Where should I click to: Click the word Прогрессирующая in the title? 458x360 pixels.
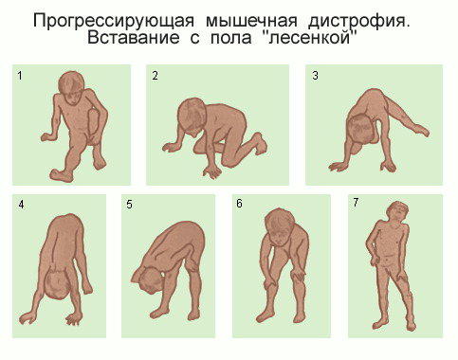point(114,22)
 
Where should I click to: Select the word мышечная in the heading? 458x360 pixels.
point(251,22)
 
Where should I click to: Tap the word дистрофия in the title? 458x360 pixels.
point(358,22)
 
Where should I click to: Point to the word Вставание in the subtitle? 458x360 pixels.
point(134,38)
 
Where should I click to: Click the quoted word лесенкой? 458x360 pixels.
point(310,38)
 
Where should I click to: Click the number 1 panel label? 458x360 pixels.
point(20,76)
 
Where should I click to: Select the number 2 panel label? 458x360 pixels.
point(155,76)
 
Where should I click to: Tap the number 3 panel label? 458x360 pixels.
point(315,76)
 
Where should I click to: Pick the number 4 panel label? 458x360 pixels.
point(21,205)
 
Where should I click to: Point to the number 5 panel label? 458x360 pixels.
point(129,205)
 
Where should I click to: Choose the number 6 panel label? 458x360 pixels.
point(239,204)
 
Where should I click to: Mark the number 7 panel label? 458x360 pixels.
point(356,203)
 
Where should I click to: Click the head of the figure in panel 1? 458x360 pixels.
point(71,87)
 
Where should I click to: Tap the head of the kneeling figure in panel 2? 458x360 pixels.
point(192,117)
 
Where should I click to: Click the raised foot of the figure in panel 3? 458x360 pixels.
point(420,130)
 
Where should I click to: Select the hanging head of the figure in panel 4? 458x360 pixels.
point(58,284)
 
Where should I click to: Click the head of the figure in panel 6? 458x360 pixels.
point(278,226)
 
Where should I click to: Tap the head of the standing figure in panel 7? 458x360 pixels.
point(398,212)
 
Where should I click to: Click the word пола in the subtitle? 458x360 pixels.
point(230,38)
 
